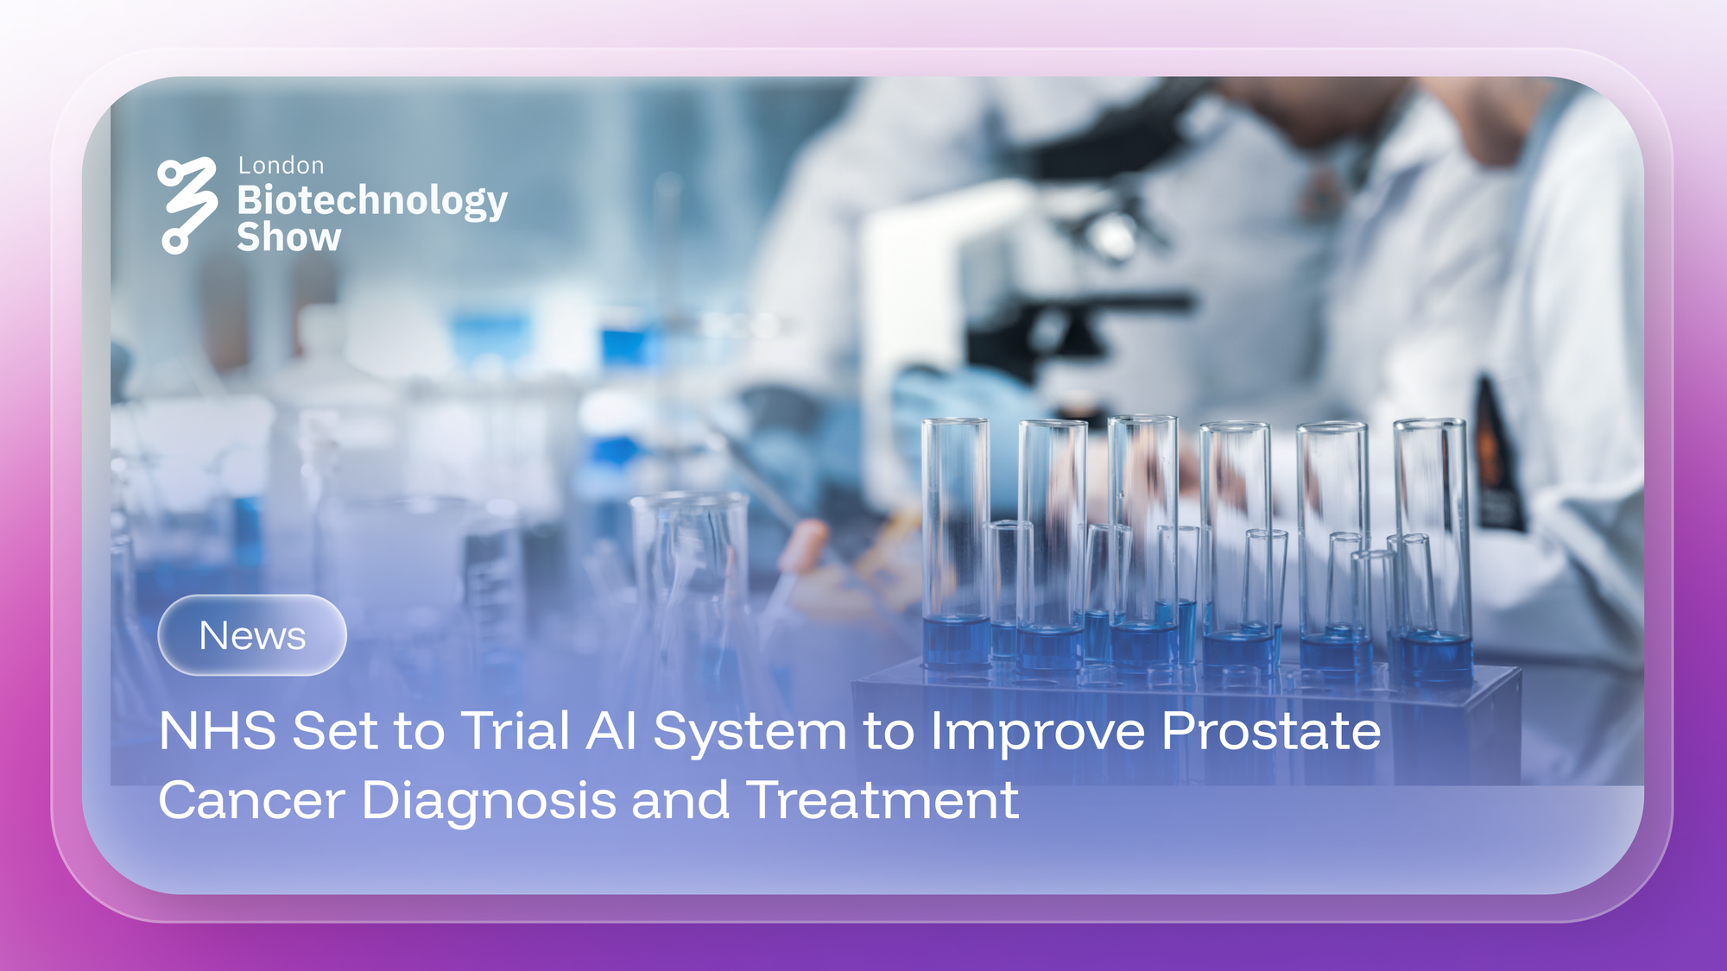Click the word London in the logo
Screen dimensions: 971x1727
(x=281, y=166)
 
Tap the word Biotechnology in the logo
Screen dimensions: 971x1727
(x=372, y=200)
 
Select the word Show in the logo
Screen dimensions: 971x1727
(x=289, y=237)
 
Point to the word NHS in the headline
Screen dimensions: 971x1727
(x=218, y=731)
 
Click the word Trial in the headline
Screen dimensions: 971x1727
(x=516, y=731)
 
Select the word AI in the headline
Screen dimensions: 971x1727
(x=611, y=731)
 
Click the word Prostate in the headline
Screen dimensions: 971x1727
(x=1271, y=731)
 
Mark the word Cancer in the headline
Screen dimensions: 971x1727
(x=252, y=800)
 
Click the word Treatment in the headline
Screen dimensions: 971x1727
(x=882, y=800)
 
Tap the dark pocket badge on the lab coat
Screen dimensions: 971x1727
(x=1494, y=457)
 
